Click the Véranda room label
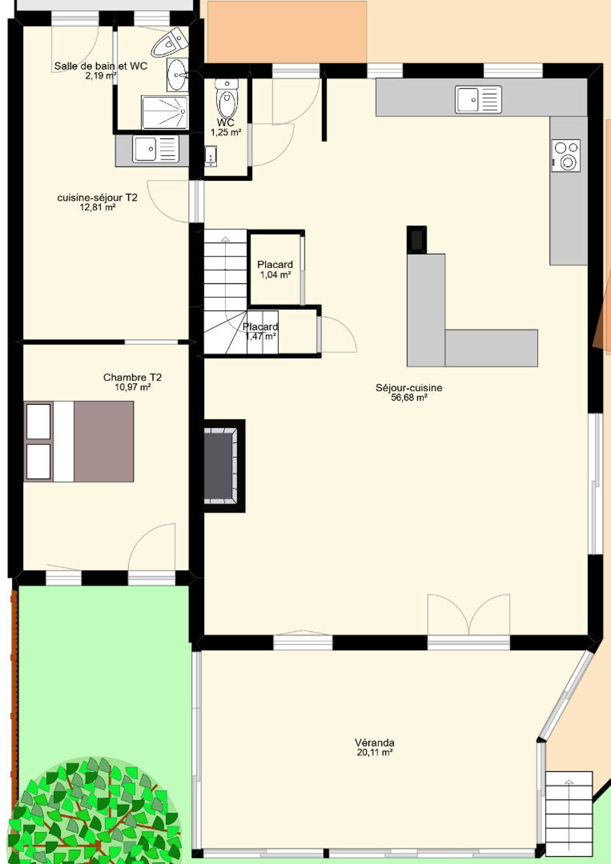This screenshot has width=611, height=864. pos(375,742)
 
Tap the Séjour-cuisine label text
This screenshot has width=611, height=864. pos(409,388)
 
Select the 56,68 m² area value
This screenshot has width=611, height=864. pos(409,398)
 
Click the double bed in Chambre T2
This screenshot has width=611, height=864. pos(79,441)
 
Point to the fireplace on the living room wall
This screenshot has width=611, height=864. pos(224,465)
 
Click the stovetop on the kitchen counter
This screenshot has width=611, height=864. pos(566,156)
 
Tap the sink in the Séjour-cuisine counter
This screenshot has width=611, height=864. pos(478,100)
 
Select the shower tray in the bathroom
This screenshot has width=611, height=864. pos(165,112)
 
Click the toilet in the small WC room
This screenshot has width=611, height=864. pos(227,99)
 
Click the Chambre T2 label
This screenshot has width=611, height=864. pos(133,377)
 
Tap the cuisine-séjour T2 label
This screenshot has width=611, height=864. pos(97,197)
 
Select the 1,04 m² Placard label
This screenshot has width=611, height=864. pos(275,269)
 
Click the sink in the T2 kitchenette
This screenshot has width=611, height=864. pos(156,148)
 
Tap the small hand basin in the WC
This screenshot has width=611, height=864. pos(210,156)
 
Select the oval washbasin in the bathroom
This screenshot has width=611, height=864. pos(178,75)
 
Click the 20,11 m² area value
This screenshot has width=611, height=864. pos(375,752)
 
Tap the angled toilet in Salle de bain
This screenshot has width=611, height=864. pos(170,42)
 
